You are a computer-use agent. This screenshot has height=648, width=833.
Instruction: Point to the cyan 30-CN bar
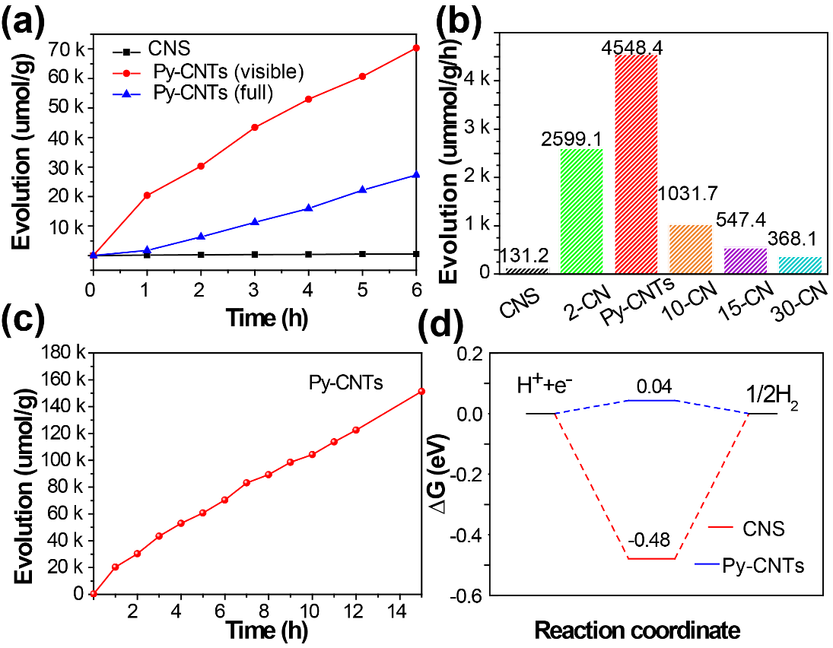coord(800,265)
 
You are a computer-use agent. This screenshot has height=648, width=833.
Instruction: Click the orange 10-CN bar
coord(690,249)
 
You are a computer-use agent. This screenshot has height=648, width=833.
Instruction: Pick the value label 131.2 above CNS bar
coord(526,256)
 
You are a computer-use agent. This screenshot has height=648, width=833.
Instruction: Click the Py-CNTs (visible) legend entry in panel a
coord(218,72)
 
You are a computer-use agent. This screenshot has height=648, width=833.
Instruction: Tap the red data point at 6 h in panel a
coord(416,48)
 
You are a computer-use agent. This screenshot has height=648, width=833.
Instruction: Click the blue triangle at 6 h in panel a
coord(416,175)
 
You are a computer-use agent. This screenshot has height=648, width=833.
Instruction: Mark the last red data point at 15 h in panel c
coord(421,391)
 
